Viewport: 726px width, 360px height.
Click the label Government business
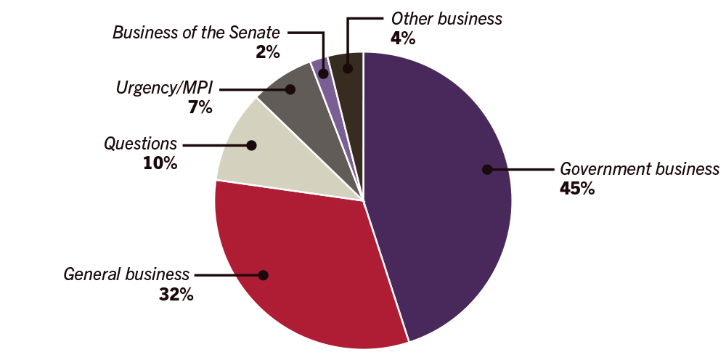point(639,169)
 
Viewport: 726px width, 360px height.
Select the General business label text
point(126,274)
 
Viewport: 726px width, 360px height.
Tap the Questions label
point(140,144)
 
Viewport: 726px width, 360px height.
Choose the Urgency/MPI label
point(163,89)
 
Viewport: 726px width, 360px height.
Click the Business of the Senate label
point(197,33)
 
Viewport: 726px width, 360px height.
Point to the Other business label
point(446,19)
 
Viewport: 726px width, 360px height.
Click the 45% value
point(577,189)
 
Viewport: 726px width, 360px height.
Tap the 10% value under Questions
point(160,163)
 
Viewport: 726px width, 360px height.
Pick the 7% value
point(200,108)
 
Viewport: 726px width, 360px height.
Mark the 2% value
point(268,52)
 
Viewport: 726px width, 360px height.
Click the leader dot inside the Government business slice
point(487,170)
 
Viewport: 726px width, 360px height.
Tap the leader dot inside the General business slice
point(263,275)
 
